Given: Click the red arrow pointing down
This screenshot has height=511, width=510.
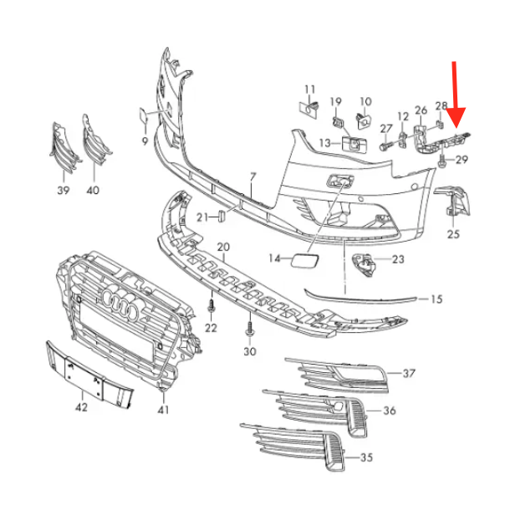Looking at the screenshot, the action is (x=456, y=95).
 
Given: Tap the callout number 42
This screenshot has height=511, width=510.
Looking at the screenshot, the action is (x=81, y=407).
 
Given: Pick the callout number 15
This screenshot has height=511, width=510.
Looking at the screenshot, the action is (x=436, y=299).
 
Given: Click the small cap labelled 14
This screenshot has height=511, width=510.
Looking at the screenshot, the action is (x=305, y=260).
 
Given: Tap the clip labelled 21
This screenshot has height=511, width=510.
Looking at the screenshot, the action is (x=222, y=216).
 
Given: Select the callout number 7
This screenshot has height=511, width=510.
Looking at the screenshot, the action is (x=252, y=177).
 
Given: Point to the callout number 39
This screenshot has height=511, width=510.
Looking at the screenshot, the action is (x=64, y=190).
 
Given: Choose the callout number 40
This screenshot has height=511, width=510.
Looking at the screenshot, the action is (x=93, y=190).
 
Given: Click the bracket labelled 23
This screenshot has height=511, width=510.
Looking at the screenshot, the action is (x=364, y=264).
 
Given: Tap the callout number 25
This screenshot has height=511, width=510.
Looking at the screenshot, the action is (x=453, y=233).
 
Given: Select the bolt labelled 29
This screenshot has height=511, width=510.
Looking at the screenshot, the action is (x=442, y=161).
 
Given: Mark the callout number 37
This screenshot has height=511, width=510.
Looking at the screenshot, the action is (x=409, y=373).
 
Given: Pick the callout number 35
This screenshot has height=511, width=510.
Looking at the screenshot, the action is (x=366, y=457).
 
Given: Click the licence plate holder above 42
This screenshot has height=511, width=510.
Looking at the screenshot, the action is (x=89, y=374).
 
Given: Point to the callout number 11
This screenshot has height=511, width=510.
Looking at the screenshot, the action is (x=310, y=89).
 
